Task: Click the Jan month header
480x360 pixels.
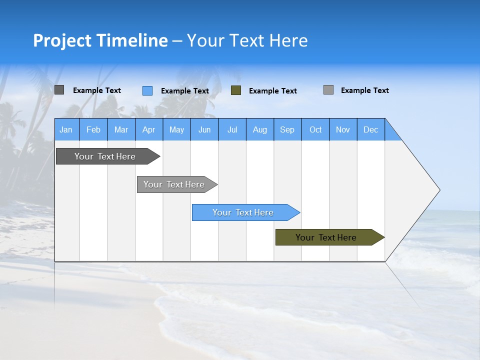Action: [x=66, y=129]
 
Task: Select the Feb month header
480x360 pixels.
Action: [x=93, y=129]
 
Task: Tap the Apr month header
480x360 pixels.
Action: [x=149, y=129]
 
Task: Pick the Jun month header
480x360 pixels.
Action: [x=204, y=129]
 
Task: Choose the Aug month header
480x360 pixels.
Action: [x=260, y=129]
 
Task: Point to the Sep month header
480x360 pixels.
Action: [x=287, y=129]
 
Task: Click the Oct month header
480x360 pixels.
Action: [x=315, y=129]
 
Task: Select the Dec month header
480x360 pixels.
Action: [x=371, y=129]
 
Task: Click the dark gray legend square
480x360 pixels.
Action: [x=59, y=90]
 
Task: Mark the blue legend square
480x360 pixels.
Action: [x=147, y=90]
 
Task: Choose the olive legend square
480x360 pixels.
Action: [x=236, y=90]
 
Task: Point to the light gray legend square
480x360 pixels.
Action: [x=328, y=90]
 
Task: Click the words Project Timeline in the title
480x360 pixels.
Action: [x=100, y=40]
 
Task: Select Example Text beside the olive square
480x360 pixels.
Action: [x=273, y=91]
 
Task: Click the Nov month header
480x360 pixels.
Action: [x=343, y=129]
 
